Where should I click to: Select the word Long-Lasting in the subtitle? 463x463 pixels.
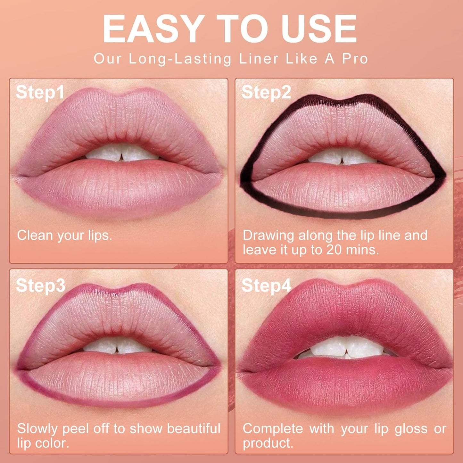coord(180,59)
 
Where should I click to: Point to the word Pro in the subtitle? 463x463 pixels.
coord(355,59)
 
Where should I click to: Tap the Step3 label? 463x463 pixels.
coord(40,285)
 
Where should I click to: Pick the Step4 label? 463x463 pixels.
coord(266,285)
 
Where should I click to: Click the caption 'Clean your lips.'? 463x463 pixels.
coord(64,236)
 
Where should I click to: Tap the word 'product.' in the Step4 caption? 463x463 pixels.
coord(268,443)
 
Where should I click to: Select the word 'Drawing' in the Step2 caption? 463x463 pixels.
coord(269,236)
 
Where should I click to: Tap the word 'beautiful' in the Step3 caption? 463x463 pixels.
coord(194,429)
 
